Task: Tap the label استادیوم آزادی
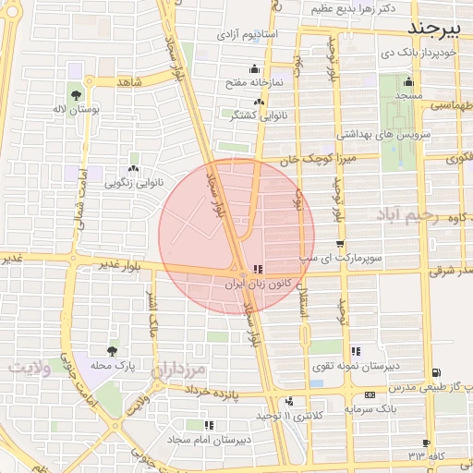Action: pos(248,34)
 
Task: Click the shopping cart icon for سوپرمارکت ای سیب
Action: pos(341,244)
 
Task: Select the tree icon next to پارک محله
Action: pos(112,351)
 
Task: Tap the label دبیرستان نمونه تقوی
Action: pos(367,366)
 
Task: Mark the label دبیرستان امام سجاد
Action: pos(210,440)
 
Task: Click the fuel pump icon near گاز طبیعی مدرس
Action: pos(435,373)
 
